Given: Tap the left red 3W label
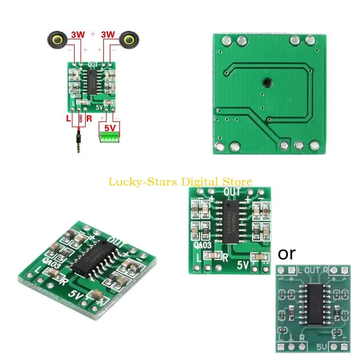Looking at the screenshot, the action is (x=78, y=35).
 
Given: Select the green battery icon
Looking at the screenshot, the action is (x=109, y=137).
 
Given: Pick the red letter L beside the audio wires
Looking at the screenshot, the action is (x=69, y=118).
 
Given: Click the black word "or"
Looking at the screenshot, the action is (x=287, y=253).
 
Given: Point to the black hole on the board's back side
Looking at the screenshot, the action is (x=267, y=82).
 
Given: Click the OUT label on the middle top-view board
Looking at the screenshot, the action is (x=232, y=192).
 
